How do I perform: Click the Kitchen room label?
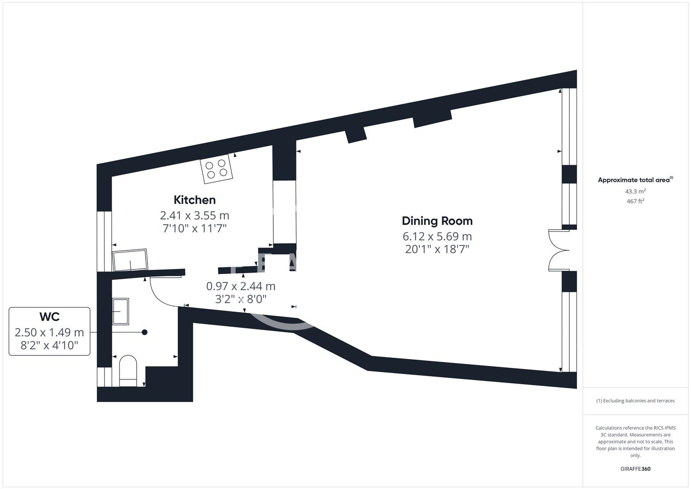click(x=195, y=200)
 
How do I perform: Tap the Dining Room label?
click(x=437, y=221)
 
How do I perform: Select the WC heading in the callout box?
click(x=49, y=316)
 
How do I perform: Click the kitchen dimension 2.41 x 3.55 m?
click(x=195, y=215)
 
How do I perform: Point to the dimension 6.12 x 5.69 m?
click(x=437, y=236)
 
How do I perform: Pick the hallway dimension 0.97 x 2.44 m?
click(x=241, y=286)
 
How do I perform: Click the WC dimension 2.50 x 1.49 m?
click(x=49, y=332)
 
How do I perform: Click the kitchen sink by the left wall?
click(x=130, y=260)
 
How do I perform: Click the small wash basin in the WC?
click(x=120, y=311)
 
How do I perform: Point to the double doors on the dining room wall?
click(x=558, y=250)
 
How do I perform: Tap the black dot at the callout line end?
click(x=145, y=332)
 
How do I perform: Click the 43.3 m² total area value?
click(x=635, y=192)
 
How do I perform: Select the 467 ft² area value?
click(x=635, y=201)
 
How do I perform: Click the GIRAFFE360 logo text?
click(x=635, y=469)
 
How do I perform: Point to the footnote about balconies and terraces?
click(x=635, y=401)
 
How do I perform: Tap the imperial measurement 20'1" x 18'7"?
click(x=437, y=249)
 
